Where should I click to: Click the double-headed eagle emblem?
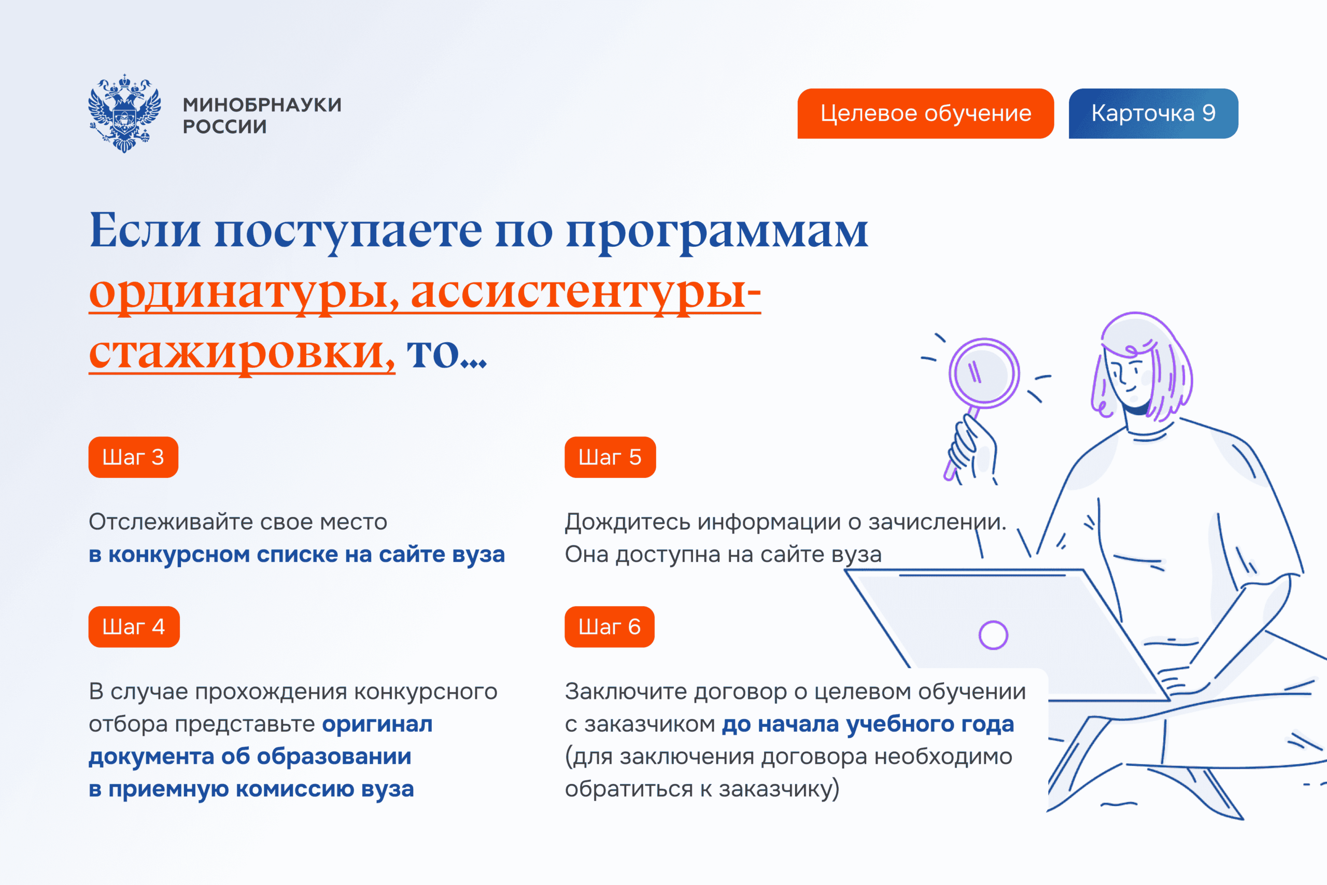coord(124,114)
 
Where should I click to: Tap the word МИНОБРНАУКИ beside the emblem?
coord(262,105)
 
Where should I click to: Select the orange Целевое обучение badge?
coord(925,114)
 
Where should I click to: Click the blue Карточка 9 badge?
coord(1153,114)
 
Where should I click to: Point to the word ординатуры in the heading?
coord(243,293)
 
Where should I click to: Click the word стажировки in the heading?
coord(242,355)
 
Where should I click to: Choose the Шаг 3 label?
coord(133,457)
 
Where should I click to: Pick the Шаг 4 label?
coord(134,626)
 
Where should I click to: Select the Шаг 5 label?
coord(610,457)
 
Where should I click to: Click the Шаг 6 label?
coord(610,626)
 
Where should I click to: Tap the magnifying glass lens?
coord(984,373)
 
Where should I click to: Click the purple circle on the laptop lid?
coord(993,635)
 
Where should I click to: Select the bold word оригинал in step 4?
coord(377,724)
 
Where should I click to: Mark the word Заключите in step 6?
coord(626,692)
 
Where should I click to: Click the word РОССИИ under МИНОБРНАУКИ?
coord(224,127)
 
